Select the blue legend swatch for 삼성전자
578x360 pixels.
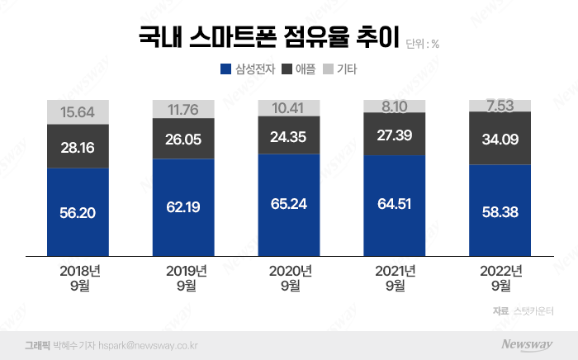[225, 70]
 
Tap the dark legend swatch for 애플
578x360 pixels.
[289, 70]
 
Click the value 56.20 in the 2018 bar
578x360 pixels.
[78, 213]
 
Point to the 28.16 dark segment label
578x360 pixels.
[78, 147]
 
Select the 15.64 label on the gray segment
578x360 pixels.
[78, 112]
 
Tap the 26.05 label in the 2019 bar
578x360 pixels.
[183, 139]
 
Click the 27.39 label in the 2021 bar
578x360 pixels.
[395, 133]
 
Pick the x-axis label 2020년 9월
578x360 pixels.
[289, 278]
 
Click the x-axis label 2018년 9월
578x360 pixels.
[78, 278]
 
